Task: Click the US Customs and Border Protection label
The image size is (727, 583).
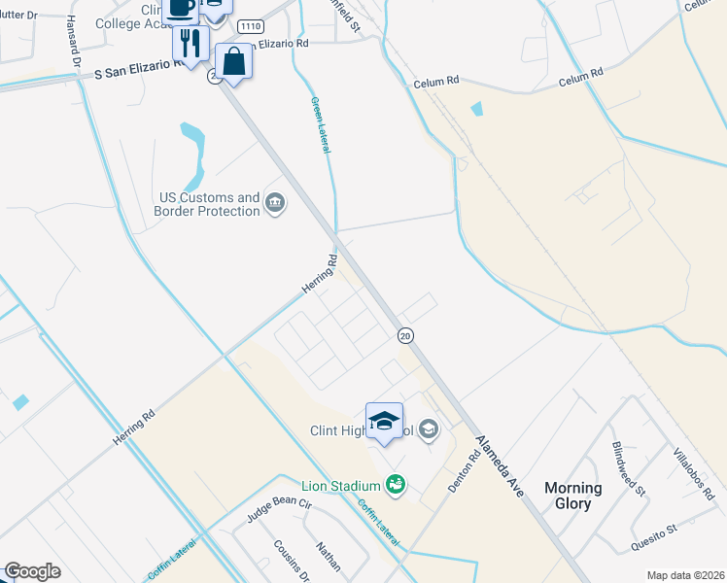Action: [210, 204]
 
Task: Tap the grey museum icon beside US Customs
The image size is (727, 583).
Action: [275, 203]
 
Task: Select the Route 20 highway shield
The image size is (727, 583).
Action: [406, 335]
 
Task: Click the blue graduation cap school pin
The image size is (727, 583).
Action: [384, 421]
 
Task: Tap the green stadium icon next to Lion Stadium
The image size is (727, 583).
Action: [395, 483]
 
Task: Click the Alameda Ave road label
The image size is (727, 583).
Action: [500, 467]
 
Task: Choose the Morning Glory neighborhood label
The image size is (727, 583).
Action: [572, 496]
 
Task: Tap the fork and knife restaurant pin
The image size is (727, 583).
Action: [190, 43]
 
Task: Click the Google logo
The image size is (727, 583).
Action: [32, 571]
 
